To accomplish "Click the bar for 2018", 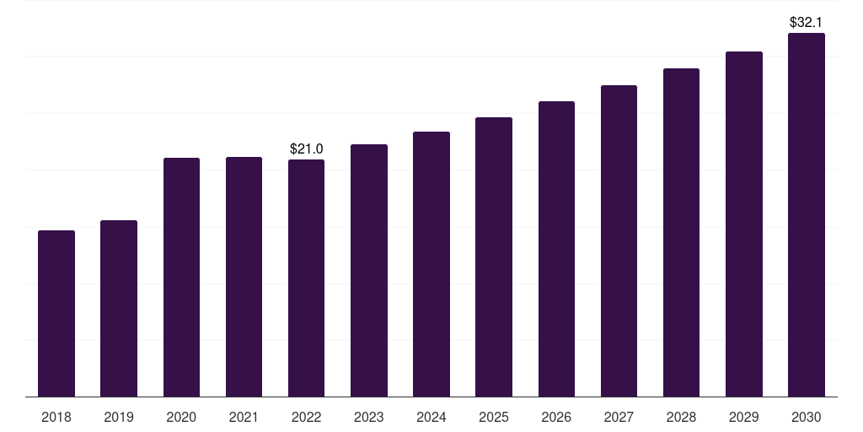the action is point(56,314).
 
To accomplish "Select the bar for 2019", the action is point(119,309).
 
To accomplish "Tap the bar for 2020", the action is point(182,277).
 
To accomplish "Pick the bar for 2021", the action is point(244,277).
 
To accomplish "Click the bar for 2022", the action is point(307,278).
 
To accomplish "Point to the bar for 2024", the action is point(431,264).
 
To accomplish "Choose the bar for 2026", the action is point(556,249).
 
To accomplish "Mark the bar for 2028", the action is point(681,233).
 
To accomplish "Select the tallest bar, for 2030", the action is point(807,215).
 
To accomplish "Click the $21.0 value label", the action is point(307,148).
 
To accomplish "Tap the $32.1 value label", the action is point(806,22).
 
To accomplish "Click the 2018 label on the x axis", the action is point(56,417).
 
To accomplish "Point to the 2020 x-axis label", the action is point(182,417).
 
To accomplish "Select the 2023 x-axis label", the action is point(369,417).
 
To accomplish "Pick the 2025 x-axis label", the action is point(494,417).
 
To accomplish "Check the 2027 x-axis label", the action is point(619,417).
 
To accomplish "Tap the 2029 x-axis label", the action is point(743,417).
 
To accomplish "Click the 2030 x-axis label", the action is point(807,417).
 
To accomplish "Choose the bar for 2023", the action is point(369,271).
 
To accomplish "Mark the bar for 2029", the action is point(744,224).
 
